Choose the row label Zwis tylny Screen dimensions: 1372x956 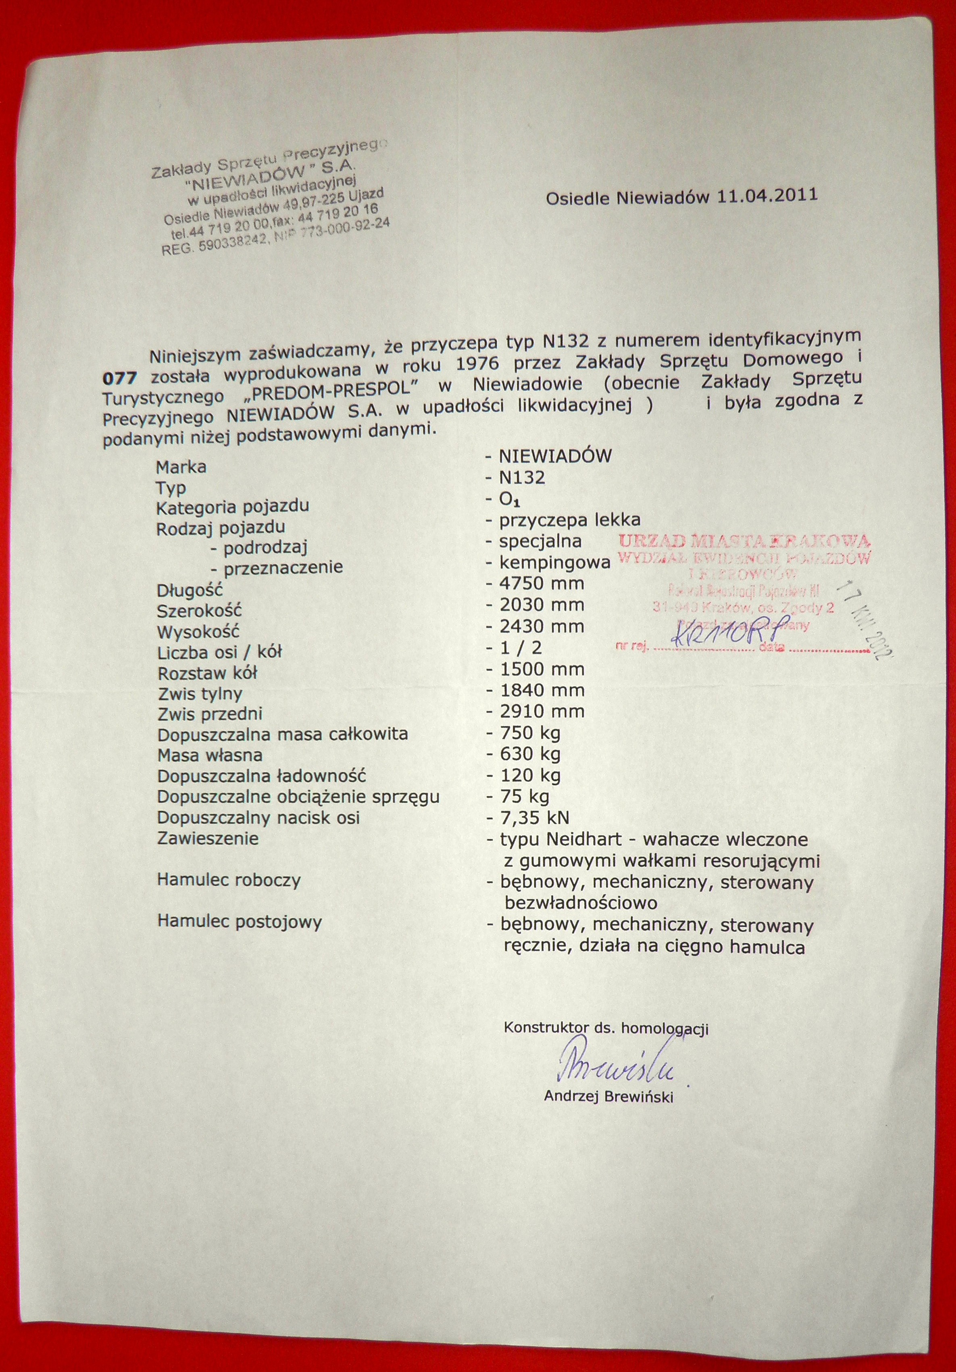point(200,694)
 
